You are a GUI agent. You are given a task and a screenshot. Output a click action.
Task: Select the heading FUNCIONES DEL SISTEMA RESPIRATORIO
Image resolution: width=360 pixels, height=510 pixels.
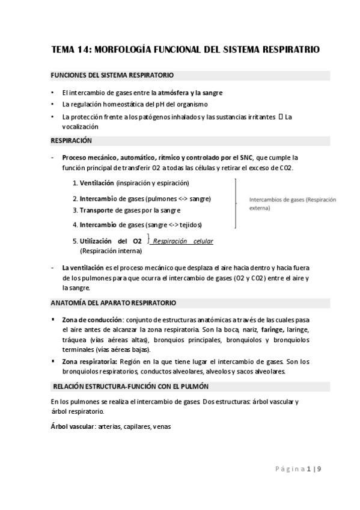click(x=112, y=76)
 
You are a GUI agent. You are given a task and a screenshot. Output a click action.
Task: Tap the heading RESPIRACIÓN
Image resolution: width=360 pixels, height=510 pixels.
click(x=71, y=140)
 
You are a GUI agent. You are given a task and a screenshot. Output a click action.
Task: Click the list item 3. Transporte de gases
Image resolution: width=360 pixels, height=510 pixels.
click(x=127, y=210)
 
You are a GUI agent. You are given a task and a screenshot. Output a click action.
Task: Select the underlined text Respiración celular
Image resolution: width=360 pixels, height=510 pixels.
click(x=183, y=242)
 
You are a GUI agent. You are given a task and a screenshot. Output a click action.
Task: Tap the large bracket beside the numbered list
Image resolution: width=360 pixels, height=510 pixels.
click(x=236, y=203)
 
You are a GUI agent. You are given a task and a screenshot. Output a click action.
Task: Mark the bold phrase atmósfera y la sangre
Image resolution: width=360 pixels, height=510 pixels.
click(x=191, y=93)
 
